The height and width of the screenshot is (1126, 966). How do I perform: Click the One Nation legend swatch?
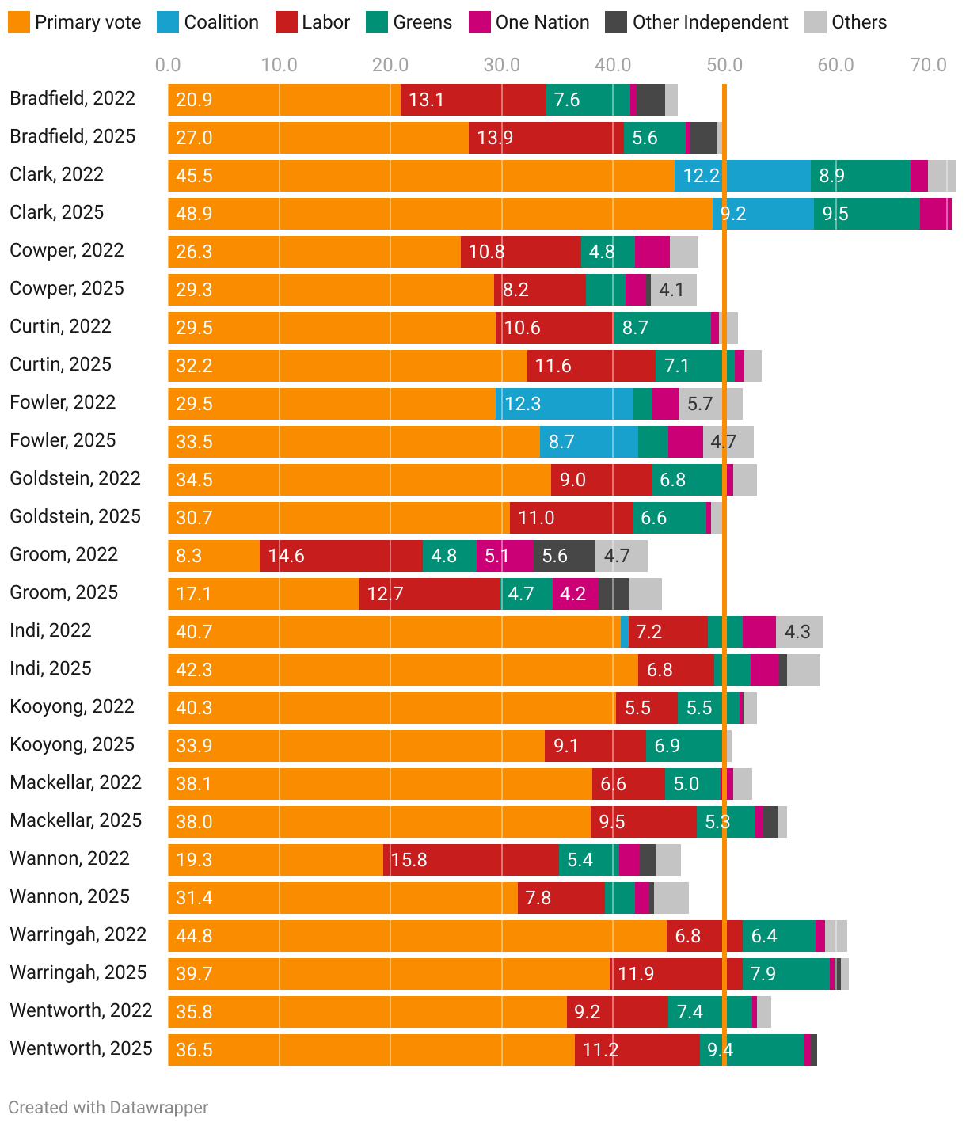(480, 22)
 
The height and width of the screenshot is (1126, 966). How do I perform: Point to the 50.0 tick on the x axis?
(724, 65)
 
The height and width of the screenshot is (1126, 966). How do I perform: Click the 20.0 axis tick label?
(390, 65)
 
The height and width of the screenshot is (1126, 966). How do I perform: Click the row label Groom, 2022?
(63, 554)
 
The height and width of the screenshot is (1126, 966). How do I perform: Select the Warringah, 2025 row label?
(78, 972)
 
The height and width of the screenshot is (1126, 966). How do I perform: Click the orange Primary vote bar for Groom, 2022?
(214, 556)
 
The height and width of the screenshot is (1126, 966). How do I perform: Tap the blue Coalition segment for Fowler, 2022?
(564, 404)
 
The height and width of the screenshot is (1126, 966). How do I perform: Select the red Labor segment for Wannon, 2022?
(471, 860)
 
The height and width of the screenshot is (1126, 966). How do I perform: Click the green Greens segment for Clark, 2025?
(867, 214)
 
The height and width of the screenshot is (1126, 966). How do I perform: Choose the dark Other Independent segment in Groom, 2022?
(565, 556)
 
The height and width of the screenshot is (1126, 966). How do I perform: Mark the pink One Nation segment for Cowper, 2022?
(652, 252)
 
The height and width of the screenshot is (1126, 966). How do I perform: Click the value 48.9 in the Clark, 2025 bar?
(194, 214)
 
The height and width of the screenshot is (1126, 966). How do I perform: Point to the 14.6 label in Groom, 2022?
(287, 556)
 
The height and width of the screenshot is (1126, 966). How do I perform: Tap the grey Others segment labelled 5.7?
(710, 404)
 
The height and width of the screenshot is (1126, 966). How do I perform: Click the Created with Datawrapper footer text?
(108, 1107)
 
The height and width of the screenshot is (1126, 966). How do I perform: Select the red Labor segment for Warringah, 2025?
(676, 974)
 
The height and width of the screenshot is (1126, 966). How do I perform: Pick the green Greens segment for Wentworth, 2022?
(709, 1012)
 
